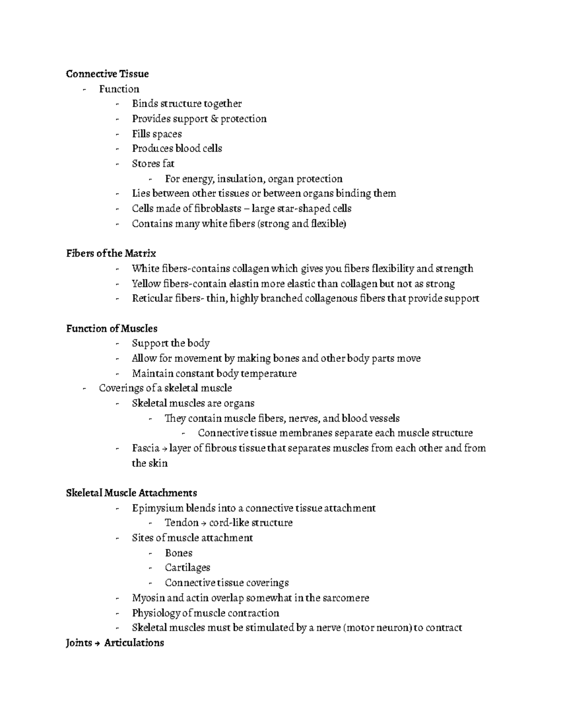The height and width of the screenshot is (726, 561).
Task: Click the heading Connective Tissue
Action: (x=108, y=74)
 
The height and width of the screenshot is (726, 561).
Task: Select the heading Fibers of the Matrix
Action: (x=111, y=253)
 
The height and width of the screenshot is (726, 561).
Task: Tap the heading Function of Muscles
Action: (x=112, y=329)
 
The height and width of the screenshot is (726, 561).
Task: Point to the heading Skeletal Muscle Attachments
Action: (x=131, y=493)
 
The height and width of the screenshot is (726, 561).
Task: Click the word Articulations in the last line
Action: (x=134, y=643)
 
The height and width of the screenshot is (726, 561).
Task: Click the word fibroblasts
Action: (x=217, y=208)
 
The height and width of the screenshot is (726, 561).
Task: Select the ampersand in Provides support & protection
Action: (x=214, y=119)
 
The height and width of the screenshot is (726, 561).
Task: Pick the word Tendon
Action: (x=181, y=523)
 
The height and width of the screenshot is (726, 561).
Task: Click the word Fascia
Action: (x=146, y=448)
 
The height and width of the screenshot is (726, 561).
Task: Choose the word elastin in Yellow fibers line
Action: (x=243, y=284)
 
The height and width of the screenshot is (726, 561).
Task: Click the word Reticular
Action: (x=152, y=298)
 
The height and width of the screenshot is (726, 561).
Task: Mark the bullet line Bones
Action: (x=179, y=553)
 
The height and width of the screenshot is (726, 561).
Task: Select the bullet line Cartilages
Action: (x=187, y=568)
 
